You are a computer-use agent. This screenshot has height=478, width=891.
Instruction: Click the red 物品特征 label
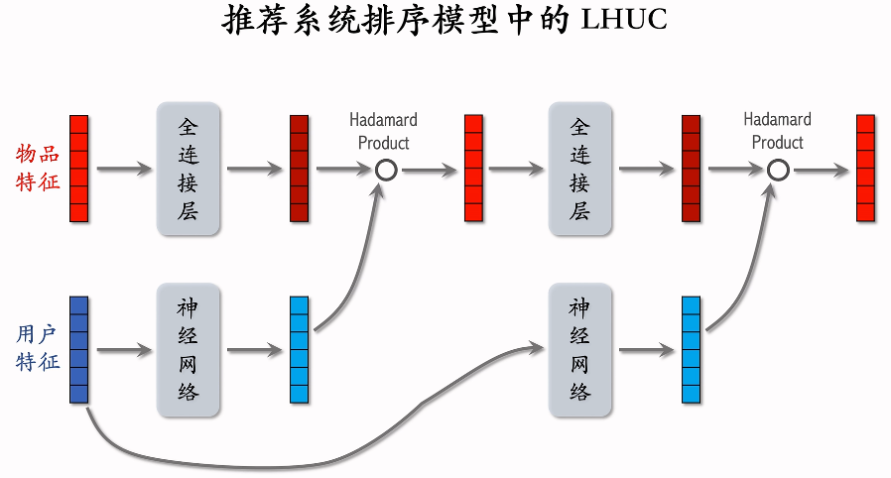pos(38,168)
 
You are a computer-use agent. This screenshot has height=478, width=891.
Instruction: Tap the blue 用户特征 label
pos(38,348)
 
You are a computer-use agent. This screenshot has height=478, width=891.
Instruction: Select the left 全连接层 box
pos(189,169)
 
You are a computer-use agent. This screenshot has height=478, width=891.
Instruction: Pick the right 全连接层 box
pos(580,169)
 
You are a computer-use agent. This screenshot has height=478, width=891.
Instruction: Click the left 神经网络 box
pos(189,349)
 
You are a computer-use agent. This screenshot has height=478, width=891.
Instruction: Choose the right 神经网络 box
pos(580,349)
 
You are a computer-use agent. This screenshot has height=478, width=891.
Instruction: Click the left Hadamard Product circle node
pos(387,170)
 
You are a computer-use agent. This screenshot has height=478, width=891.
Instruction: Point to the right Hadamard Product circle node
pos(779,170)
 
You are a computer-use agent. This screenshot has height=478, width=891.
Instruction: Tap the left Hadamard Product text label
pos(383,131)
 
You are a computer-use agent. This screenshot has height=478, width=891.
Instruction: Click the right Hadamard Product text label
pos(777,131)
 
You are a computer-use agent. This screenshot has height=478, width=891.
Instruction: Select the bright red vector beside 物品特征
pos(79,169)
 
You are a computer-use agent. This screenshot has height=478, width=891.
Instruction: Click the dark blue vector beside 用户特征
pos(79,349)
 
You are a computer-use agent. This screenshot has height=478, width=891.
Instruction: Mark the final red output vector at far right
pos(866,169)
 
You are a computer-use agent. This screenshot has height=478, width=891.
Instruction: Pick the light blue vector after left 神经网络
pos(300,349)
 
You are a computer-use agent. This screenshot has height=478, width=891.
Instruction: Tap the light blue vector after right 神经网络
pos(692,349)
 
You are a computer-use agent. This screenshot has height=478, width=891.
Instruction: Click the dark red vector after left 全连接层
pos(300,169)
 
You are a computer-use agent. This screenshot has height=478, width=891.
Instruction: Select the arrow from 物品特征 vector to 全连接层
pos(123,170)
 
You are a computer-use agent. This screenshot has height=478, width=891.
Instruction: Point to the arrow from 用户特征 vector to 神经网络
pos(123,350)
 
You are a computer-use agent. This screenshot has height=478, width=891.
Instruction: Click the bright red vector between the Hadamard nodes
pos(474,169)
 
